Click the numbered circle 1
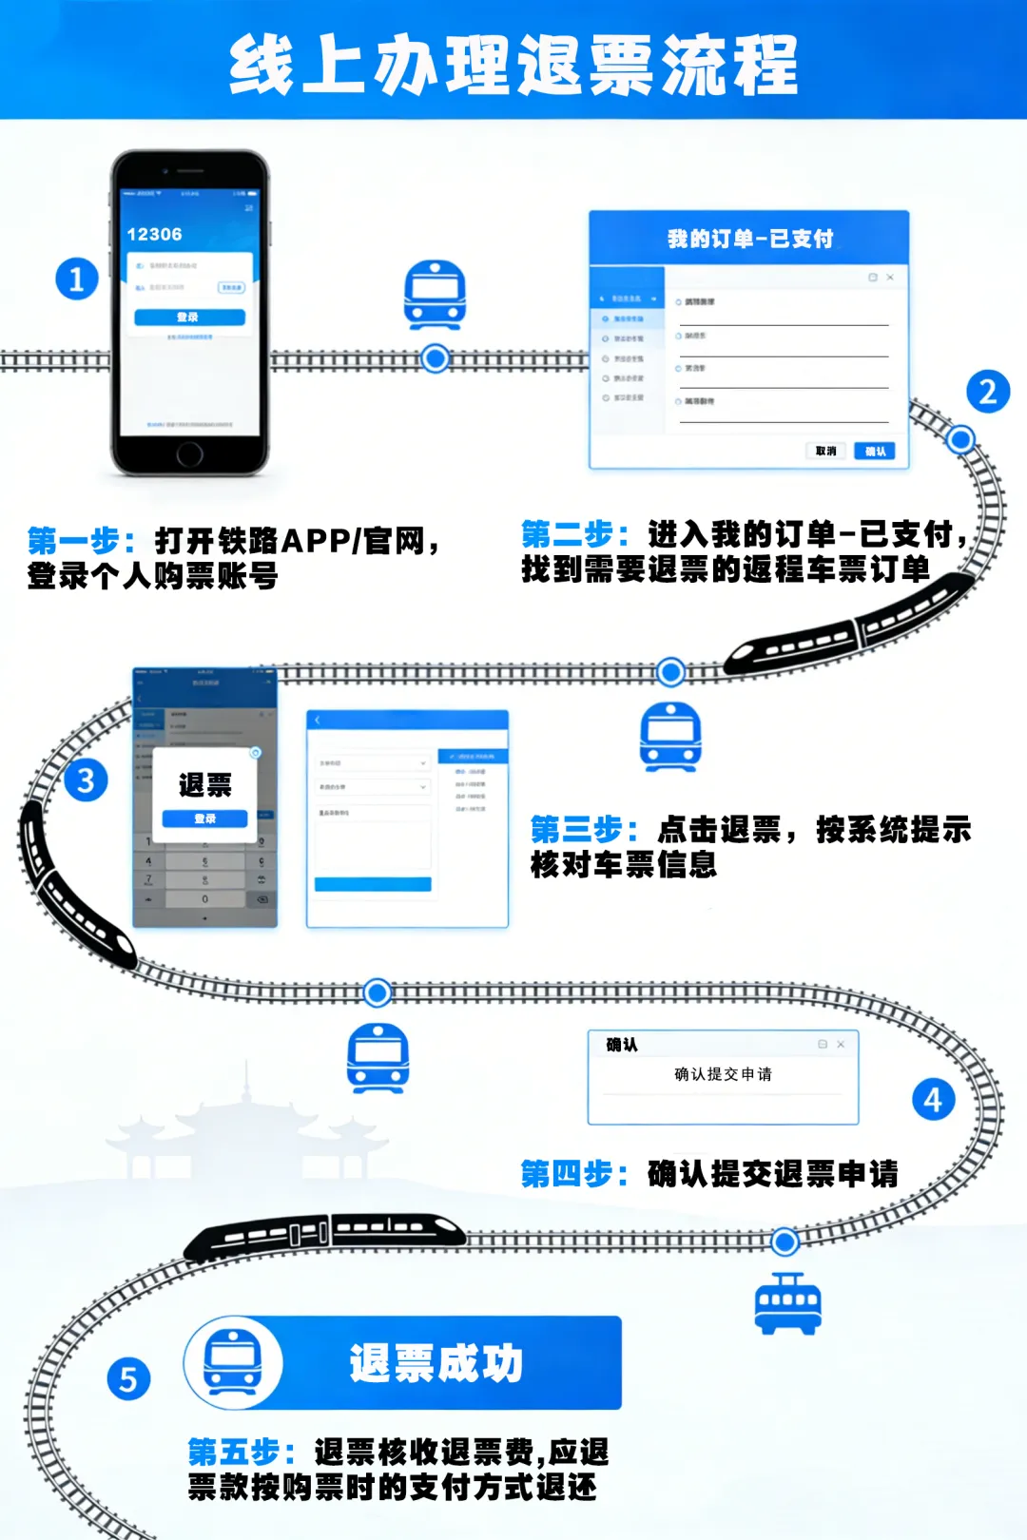click(77, 279)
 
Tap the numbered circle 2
click(988, 392)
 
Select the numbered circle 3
click(86, 780)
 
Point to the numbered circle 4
click(933, 1100)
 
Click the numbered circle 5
click(128, 1378)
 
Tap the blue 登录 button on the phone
click(189, 318)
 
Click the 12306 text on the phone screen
click(154, 235)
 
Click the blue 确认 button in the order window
click(875, 451)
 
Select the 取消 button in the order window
click(825, 451)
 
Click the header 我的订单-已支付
click(749, 239)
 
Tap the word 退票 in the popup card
click(204, 785)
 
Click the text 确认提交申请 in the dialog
click(723, 1074)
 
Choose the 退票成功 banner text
click(436, 1363)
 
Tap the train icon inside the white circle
click(233, 1362)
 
